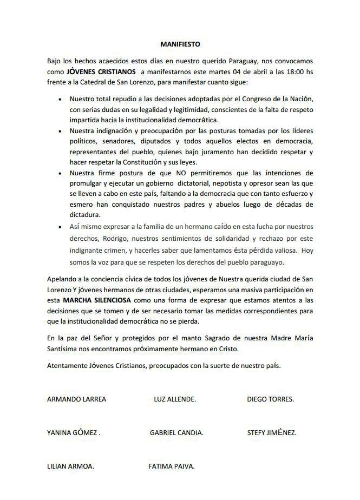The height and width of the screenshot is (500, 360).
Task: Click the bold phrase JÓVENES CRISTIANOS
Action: [x=101, y=71]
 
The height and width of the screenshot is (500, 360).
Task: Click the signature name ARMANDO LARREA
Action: [x=77, y=399]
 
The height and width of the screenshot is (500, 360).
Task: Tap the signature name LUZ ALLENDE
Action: [x=175, y=399]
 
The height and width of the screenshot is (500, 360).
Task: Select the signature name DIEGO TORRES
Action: [x=270, y=399]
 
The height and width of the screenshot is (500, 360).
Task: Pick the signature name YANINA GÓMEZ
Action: [x=74, y=433]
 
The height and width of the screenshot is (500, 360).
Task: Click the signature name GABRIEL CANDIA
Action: [x=176, y=433]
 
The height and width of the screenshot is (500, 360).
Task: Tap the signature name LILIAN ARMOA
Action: [x=71, y=466]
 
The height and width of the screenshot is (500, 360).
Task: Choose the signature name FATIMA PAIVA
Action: [x=171, y=466]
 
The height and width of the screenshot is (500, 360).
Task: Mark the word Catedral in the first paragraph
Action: [x=94, y=82]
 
